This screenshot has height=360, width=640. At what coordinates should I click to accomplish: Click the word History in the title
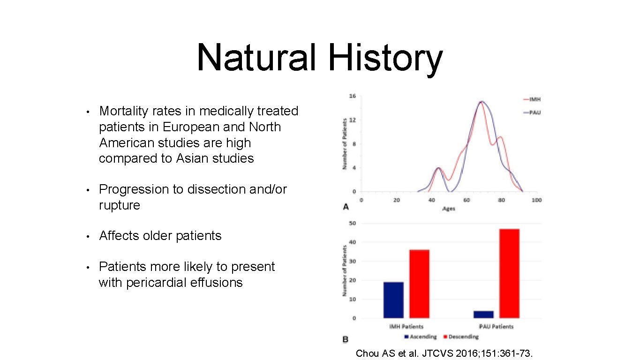pos(385,58)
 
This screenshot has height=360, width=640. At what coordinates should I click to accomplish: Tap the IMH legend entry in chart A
pos(534,99)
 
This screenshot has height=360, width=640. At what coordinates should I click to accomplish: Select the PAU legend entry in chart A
pos(534,112)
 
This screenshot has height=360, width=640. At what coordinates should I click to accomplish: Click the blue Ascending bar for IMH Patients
pos(393,300)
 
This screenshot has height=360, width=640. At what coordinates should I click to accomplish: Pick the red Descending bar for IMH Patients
pos(419,284)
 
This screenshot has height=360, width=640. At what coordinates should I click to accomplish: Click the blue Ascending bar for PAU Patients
pos(483,314)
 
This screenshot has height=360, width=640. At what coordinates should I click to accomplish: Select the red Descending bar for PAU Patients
pos(509,273)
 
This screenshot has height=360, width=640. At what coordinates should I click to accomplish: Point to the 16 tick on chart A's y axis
pos(352,96)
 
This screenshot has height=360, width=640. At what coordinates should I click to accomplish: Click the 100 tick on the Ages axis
pos(536,200)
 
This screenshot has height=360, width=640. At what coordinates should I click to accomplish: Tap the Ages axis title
pos(448,208)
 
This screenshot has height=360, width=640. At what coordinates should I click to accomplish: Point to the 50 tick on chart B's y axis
pos(352,224)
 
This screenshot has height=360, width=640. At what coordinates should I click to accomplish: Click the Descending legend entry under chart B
pos(463,337)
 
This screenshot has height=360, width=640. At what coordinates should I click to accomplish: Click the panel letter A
pos(346,207)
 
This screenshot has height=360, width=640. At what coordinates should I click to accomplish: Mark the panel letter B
pos(346,339)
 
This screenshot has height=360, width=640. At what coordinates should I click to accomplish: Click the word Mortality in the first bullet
pos(124,111)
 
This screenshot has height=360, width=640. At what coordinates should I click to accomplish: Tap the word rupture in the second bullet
pos(119,205)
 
